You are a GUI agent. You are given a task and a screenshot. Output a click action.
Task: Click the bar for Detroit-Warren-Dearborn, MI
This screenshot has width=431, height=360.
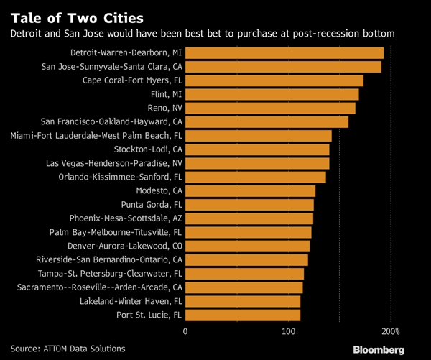coord(284,53)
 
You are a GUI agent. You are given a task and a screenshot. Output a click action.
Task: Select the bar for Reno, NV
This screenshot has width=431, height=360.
coord(271,108)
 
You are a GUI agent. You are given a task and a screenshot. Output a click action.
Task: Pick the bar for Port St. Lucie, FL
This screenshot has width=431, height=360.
coord(244,315)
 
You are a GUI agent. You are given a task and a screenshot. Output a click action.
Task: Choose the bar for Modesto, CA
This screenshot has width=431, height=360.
coord(251,190)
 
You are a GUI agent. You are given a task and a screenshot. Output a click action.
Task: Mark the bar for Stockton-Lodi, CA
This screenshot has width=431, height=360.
coord(258,149)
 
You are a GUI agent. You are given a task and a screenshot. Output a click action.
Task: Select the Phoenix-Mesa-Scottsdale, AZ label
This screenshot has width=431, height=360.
coord(126,218)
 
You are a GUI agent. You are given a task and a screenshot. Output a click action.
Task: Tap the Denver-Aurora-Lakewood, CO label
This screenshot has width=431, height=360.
coord(125,246)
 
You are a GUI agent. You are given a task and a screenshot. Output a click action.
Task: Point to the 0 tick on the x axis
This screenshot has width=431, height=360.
coord(186,331)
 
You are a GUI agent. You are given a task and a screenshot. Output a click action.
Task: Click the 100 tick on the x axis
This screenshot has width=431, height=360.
coord(289,331)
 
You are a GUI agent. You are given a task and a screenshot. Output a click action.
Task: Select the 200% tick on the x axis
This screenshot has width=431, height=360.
coord(391,331)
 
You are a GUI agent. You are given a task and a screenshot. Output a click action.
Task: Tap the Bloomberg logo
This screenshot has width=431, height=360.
coord(378,349)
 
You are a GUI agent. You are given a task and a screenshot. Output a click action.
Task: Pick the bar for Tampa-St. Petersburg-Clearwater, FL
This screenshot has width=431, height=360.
coord(245,274)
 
